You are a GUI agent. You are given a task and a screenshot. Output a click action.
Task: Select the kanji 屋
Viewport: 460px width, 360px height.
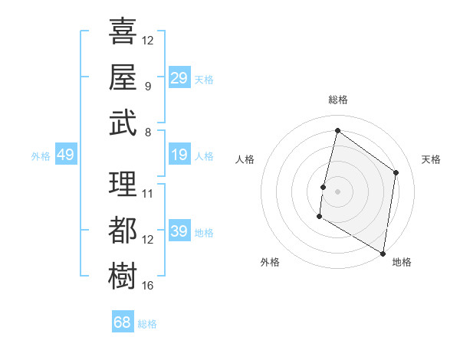(x=123, y=77)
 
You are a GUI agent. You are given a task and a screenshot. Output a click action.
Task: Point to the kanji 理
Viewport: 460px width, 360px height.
(x=123, y=184)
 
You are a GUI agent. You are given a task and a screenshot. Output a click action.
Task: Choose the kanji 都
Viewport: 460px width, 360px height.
(x=123, y=230)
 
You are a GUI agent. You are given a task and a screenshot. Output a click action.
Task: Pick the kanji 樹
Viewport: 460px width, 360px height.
(x=123, y=276)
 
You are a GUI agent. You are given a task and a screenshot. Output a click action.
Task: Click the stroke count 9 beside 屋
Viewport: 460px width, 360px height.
(x=148, y=87)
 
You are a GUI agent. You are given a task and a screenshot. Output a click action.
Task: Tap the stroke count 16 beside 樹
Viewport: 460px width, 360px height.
(x=148, y=286)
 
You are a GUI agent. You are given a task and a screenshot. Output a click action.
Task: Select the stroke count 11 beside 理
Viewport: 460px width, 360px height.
(x=148, y=194)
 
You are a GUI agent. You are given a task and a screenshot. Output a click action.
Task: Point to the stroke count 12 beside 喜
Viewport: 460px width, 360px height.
(x=148, y=40)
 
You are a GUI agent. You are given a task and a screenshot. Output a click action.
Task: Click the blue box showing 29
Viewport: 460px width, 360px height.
(x=179, y=78)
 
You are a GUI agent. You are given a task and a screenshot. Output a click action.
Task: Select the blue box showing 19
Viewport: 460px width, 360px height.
(x=179, y=155)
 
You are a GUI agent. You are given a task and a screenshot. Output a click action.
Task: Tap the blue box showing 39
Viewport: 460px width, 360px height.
(x=179, y=231)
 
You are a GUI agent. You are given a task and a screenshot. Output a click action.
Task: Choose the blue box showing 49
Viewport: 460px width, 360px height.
(x=65, y=155)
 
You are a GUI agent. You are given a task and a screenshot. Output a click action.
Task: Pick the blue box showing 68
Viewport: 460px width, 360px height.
(x=123, y=322)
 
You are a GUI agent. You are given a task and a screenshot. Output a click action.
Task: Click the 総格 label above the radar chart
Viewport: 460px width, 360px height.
(x=337, y=100)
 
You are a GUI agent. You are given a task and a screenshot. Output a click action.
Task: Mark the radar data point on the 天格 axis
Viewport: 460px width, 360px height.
(x=396, y=172)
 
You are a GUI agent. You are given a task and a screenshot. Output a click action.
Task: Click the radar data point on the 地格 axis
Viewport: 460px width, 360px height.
(x=383, y=253)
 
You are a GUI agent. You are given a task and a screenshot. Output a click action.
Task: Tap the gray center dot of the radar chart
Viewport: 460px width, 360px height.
(x=337, y=191)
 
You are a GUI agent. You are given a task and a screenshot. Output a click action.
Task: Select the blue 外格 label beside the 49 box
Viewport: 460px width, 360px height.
(x=41, y=156)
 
